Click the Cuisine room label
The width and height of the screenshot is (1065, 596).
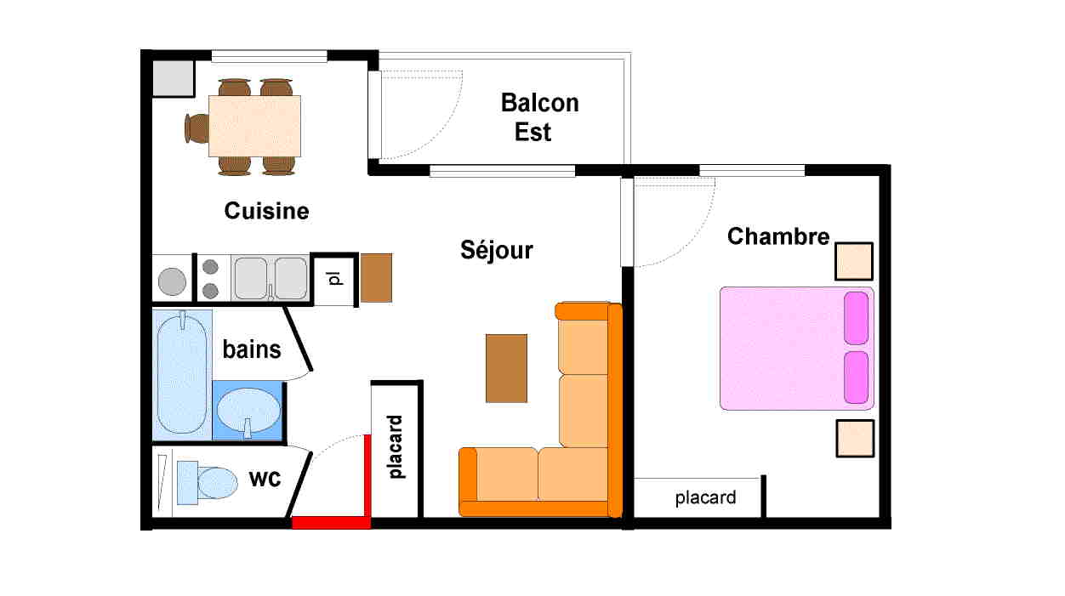[x=266, y=211]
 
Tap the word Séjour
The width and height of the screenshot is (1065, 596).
[x=497, y=251]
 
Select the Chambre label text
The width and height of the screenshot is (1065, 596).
[x=777, y=236]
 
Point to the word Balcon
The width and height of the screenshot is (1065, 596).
[x=539, y=103]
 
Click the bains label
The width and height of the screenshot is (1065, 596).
[x=252, y=349]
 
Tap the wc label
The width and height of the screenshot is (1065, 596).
[x=265, y=479]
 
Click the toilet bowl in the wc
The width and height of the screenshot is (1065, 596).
[x=217, y=483]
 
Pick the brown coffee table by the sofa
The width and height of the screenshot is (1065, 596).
[x=506, y=368]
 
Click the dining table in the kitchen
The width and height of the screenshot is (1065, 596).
[x=255, y=126]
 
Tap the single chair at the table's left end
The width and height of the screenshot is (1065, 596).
[x=196, y=128]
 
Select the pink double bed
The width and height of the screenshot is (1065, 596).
[x=797, y=349]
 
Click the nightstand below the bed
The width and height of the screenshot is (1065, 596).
[x=856, y=439]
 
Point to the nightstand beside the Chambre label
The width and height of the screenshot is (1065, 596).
[x=854, y=261]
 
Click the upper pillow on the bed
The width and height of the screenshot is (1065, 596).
[x=857, y=318]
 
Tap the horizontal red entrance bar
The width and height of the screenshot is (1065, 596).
[x=331, y=523]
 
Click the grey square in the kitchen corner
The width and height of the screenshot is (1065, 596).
[x=173, y=78]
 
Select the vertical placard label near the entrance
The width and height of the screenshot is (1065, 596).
[x=396, y=446]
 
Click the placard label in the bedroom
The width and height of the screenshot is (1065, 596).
[x=705, y=498]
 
